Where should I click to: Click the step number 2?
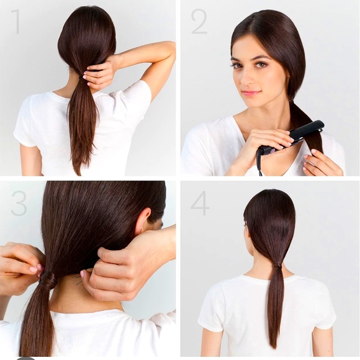199,21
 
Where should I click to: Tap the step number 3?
19,203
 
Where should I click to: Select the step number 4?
199,203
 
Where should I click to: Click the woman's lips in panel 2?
251,93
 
